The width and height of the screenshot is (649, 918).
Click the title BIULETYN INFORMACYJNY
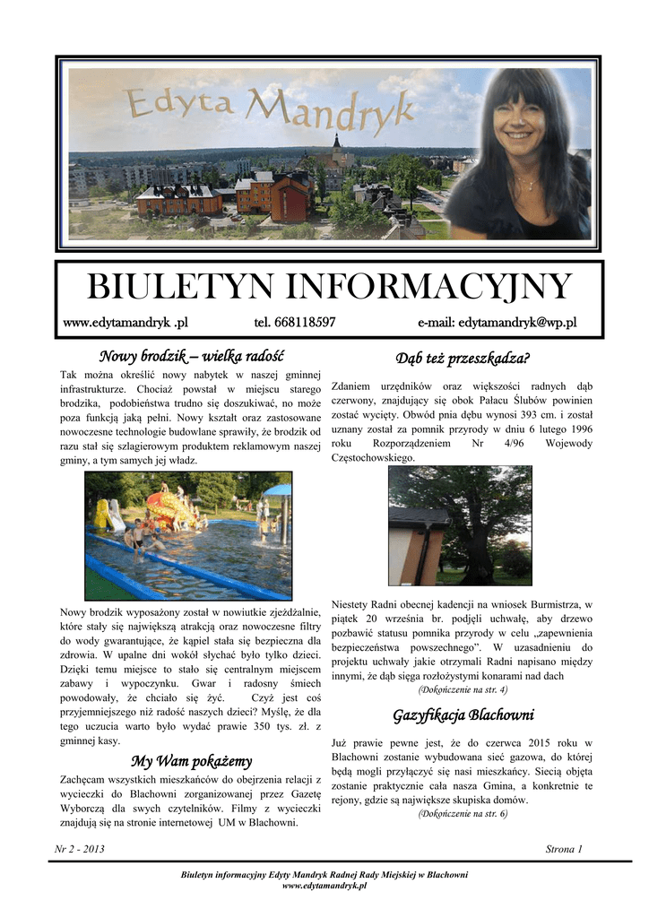328,288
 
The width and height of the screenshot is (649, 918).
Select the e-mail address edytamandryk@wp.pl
497,323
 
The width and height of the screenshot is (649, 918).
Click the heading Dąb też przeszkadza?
463,359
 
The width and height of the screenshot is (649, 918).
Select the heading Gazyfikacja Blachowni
463,715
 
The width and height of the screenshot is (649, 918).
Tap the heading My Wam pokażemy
191,762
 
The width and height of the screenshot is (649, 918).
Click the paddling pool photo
188,536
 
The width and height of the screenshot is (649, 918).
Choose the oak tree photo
459,525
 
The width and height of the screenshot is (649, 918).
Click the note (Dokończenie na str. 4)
463,689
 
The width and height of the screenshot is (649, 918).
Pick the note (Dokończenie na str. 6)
463,813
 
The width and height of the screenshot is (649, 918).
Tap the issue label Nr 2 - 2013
80,848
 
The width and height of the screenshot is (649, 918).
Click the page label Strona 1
564,848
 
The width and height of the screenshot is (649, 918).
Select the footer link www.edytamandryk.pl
324,885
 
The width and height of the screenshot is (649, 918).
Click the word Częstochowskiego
373,457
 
